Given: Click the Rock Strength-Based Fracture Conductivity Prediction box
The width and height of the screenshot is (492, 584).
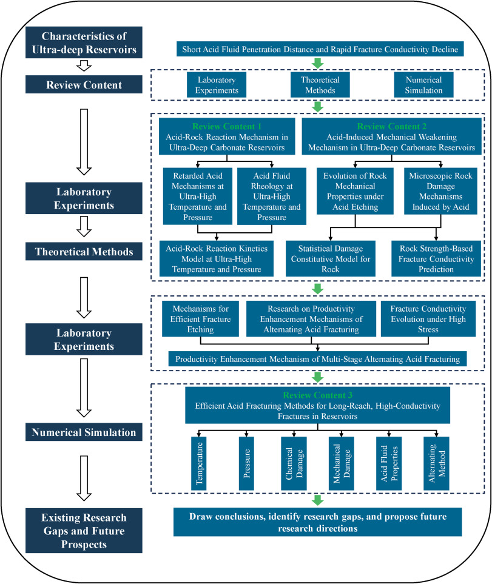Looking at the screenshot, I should pos(436,259).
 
